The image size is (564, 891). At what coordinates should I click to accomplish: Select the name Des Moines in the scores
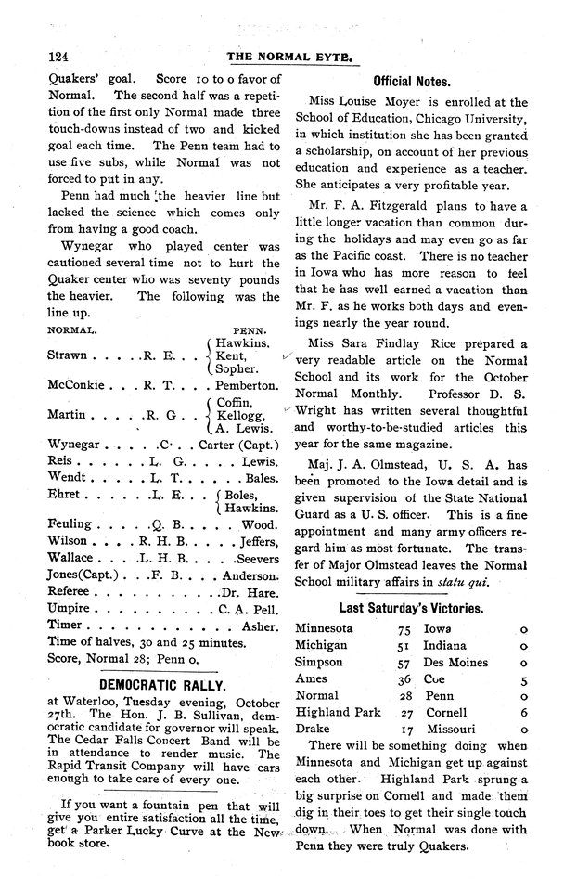click(x=455, y=663)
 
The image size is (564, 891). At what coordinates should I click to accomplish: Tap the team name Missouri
click(x=450, y=730)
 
